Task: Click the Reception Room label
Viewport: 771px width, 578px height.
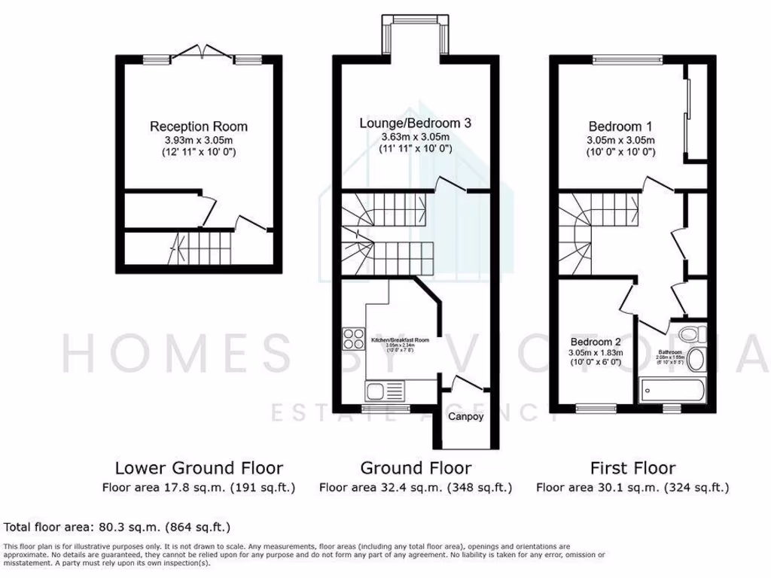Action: (x=198, y=126)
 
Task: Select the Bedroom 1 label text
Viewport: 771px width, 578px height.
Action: (x=620, y=126)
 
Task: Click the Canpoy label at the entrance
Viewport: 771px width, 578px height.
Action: (x=466, y=416)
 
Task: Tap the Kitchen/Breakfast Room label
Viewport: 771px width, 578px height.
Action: (x=400, y=340)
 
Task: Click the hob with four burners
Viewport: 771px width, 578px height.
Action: (x=352, y=340)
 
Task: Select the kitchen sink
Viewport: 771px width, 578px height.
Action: (x=385, y=391)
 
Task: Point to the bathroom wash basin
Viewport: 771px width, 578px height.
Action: (x=696, y=360)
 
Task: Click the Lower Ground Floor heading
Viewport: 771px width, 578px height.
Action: (x=198, y=468)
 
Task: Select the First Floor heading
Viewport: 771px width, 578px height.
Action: (x=632, y=468)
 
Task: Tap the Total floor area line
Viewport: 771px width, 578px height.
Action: (x=117, y=526)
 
